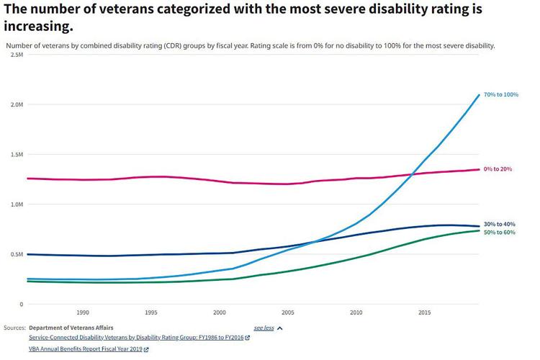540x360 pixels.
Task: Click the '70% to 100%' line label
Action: click(x=500, y=95)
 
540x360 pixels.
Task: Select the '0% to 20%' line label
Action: click(x=498, y=169)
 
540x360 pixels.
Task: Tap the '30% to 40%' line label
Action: click(x=499, y=224)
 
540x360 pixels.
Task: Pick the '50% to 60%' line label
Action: click(x=499, y=232)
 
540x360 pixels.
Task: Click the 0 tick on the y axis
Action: click(x=22, y=305)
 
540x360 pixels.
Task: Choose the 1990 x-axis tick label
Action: click(x=83, y=313)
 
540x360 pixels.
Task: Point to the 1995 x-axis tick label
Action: click(x=151, y=313)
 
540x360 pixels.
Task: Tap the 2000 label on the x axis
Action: click(x=220, y=313)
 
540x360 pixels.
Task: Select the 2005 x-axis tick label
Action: click(x=288, y=313)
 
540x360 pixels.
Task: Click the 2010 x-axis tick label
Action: click(x=356, y=313)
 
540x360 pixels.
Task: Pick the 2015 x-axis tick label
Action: click(x=425, y=313)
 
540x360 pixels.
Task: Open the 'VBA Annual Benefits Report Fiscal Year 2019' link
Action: click(x=85, y=349)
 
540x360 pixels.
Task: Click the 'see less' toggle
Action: click(x=264, y=328)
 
